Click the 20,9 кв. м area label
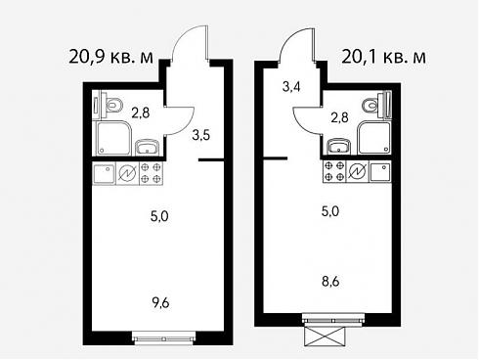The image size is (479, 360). [110, 58]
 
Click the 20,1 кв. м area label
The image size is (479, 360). [383, 57]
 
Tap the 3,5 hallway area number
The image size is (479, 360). [201, 135]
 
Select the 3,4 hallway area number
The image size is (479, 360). [291, 87]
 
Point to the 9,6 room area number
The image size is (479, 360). [160, 303]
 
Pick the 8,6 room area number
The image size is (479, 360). [330, 281]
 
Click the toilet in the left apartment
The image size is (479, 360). [111, 105]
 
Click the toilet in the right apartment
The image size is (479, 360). [372, 105]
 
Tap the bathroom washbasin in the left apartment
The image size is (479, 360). [147, 147]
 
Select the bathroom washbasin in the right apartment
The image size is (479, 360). [338, 146]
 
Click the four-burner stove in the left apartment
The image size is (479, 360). [152, 173]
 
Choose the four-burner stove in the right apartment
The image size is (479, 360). [334, 171]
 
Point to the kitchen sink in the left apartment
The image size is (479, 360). [105, 173]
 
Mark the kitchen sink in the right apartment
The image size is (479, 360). [380, 171]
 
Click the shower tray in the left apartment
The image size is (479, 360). [113, 138]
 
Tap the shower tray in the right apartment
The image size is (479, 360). [373, 137]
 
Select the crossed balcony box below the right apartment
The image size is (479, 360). [325, 337]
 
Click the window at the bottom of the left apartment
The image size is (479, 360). [164, 338]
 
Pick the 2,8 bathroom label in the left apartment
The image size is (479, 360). [141, 113]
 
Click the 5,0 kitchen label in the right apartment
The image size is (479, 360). [330, 211]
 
